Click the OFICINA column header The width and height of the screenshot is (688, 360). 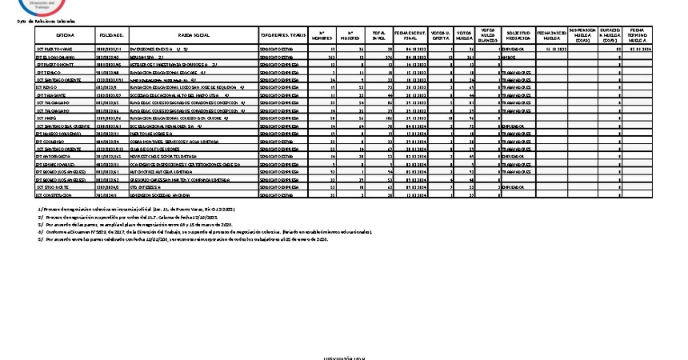tap(66, 36)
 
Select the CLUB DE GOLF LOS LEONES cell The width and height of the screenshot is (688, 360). tap(164, 149)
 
